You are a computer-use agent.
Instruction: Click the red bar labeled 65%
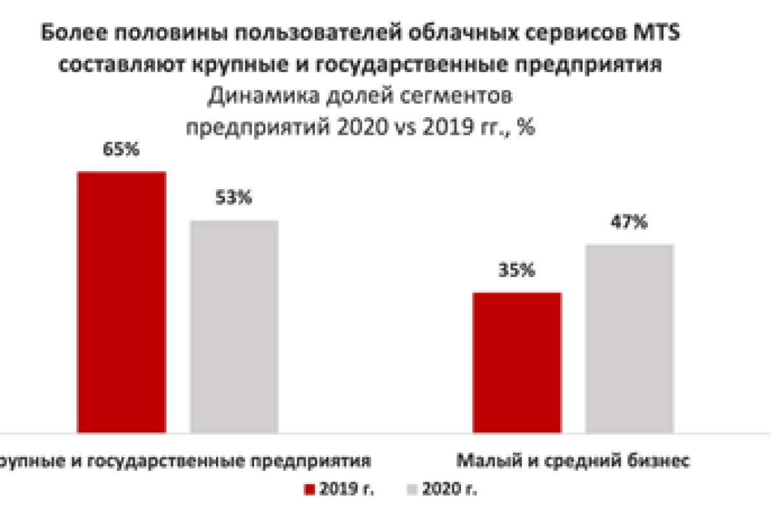pos(122,302)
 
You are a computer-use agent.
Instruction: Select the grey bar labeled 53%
pos(233,326)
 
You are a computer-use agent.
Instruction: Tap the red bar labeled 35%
pos(517,362)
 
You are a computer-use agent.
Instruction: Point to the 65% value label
pos(122,150)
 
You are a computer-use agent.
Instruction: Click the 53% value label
pos(233,198)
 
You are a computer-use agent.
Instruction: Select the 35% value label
pos(517,271)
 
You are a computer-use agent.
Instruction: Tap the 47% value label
pos(629,222)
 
